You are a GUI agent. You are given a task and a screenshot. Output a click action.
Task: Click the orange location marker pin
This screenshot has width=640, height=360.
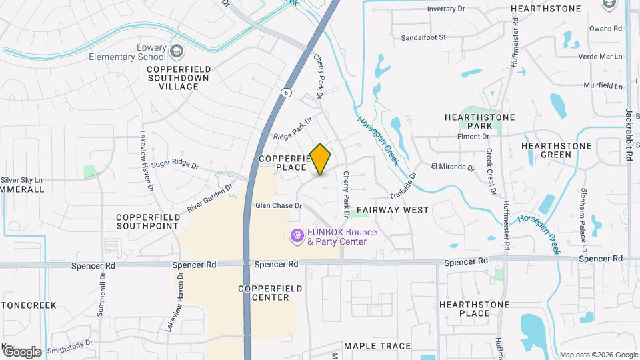click(321, 159)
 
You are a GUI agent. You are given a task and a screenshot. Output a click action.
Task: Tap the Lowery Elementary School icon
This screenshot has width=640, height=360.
click(177, 51)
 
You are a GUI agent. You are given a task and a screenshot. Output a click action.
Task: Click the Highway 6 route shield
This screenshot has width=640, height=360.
click(286, 92)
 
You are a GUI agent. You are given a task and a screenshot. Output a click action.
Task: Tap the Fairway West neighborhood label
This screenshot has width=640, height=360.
click(393, 209)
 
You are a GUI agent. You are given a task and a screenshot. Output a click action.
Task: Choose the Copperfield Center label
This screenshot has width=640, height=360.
click(270, 293)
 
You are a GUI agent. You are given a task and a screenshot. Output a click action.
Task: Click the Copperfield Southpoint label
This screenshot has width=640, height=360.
click(149, 222)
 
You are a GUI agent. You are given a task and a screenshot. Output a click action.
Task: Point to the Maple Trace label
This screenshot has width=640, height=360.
click(377, 346)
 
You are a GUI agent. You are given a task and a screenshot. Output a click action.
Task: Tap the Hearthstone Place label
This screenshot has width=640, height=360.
click(474, 309)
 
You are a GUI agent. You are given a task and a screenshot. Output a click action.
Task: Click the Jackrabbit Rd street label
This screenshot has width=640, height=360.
click(629, 135)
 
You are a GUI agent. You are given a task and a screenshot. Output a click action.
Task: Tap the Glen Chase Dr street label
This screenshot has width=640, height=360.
click(279, 205)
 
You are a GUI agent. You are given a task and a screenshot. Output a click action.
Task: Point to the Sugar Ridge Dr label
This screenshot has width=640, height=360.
click(175, 163)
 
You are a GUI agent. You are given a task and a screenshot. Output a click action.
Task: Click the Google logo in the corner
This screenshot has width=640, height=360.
click(21, 351)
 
